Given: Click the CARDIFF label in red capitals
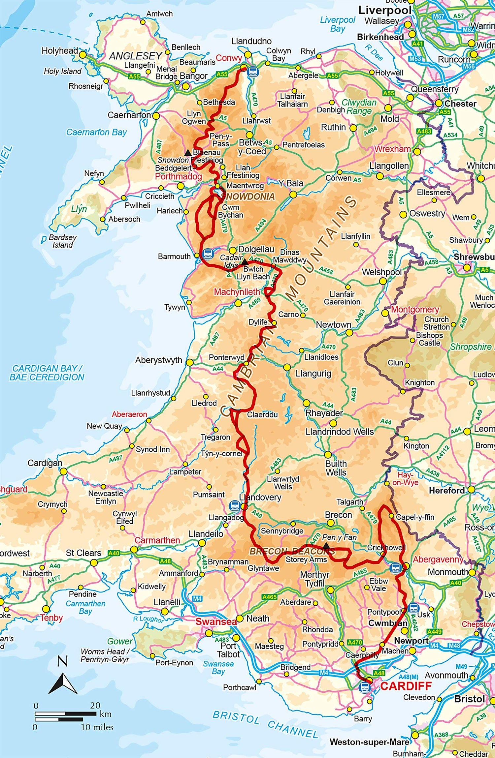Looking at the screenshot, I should pyautogui.click(x=406, y=686).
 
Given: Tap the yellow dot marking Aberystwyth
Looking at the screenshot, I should pyautogui.click(x=189, y=363).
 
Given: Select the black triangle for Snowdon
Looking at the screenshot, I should pyautogui.click(x=188, y=153).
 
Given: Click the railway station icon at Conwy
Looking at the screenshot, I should pyautogui.click(x=253, y=71).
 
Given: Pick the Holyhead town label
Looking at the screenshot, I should pyautogui.click(x=59, y=51).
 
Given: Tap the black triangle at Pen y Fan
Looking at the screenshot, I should pyautogui.click(x=326, y=546).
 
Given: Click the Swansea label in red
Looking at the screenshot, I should pyautogui.click(x=216, y=622).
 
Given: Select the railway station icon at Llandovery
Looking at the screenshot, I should pyautogui.click(x=235, y=505).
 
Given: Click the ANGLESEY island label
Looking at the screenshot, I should pyautogui.click(x=136, y=56).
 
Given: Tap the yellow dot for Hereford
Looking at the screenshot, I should pyautogui.click(x=471, y=489).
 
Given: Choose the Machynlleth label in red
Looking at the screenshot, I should pyautogui.click(x=237, y=292).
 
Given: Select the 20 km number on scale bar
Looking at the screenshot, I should pyautogui.click(x=95, y=706).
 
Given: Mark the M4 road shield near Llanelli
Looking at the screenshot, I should pyautogui.click(x=197, y=599).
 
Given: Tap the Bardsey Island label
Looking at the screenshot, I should pyautogui.click(x=62, y=241).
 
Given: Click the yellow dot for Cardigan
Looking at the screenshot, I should pyautogui.click(x=64, y=471).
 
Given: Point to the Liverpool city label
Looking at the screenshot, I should pyautogui.click(x=385, y=11).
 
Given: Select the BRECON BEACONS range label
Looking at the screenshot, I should pyautogui.click(x=292, y=551).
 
